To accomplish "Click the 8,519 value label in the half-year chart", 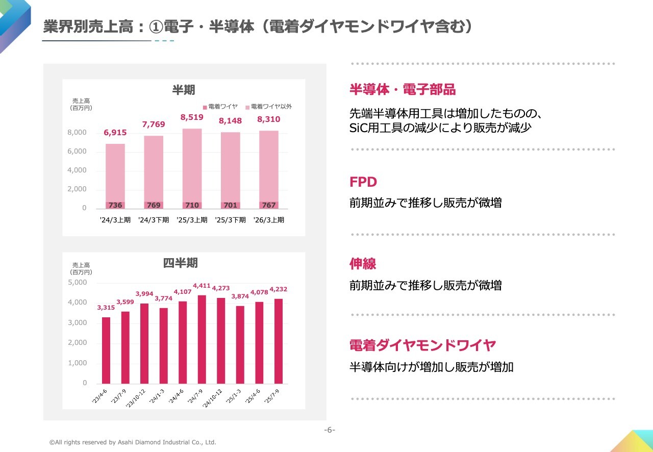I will click(192, 117).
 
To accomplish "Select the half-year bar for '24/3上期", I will click(115, 173).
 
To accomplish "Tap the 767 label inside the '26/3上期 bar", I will click(268, 205).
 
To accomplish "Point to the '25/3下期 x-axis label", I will click(230, 220).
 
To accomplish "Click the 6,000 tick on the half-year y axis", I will click(77, 152).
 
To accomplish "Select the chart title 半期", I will click(184, 90).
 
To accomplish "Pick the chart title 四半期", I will click(180, 263).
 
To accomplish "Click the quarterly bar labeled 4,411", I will click(202, 339).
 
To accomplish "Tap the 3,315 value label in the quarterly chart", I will click(106, 308).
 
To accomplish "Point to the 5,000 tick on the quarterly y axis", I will click(78, 282).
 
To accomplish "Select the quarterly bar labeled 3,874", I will click(240, 344).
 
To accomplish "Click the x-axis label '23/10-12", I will click(137, 397).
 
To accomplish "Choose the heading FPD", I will click(363, 182).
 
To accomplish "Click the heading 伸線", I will click(363, 264).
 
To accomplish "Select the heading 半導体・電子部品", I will click(403, 90).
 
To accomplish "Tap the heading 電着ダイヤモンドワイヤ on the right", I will click(423, 345).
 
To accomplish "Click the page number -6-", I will click(330, 430).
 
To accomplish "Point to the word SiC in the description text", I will click(359, 128).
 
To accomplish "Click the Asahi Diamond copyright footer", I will click(133, 442).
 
